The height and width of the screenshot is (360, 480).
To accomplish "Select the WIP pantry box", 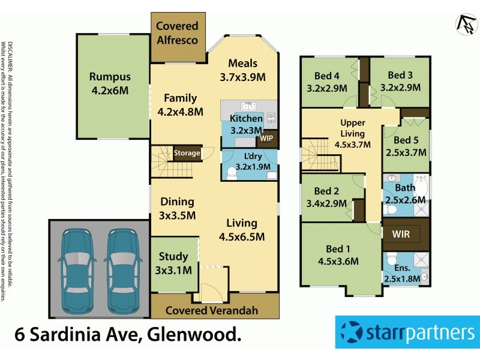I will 266,138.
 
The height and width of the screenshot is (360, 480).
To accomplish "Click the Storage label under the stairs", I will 187,154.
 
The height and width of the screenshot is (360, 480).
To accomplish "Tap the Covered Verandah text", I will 211,310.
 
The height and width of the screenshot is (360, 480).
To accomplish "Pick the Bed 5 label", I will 406,142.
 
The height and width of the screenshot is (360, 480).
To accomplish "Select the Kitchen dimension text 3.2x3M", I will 247,130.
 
